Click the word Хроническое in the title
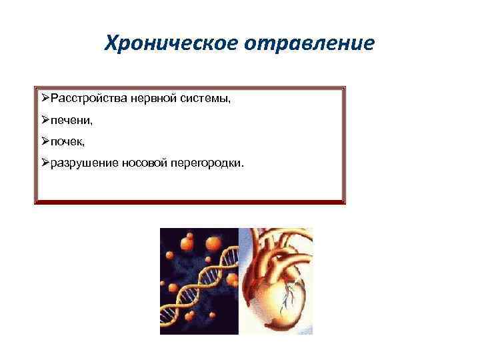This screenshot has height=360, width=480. click(162, 44)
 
